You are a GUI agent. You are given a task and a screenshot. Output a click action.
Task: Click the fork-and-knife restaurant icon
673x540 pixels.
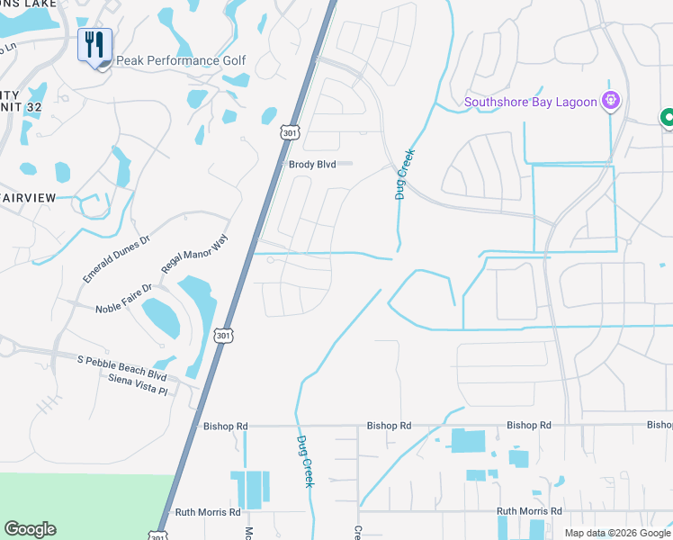tap(94, 44)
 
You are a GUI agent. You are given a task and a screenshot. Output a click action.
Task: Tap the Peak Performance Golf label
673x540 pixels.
tap(181, 61)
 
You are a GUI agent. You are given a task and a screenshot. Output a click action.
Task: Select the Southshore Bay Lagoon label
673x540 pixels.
tap(531, 102)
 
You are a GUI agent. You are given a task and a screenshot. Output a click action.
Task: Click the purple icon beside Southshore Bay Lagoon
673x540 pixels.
tap(611, 100)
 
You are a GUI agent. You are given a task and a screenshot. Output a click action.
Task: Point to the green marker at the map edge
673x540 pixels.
tap(668, 118)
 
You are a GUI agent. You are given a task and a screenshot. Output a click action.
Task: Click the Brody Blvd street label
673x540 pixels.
tap(312, 165)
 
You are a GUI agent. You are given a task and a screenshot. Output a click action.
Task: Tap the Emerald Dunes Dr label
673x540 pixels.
tap(118, 260)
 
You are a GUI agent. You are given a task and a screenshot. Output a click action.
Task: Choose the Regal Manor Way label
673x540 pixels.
tap(195, 255)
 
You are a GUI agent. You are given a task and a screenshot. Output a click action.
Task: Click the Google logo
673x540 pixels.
tap(30, 529)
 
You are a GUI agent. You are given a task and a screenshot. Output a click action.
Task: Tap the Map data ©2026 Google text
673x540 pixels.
tap(617, 533)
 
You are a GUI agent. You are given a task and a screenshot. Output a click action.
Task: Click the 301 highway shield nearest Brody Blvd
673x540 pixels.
tap(289, 133)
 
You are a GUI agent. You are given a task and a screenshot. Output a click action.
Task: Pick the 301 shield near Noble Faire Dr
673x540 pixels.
tap(223, 335)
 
